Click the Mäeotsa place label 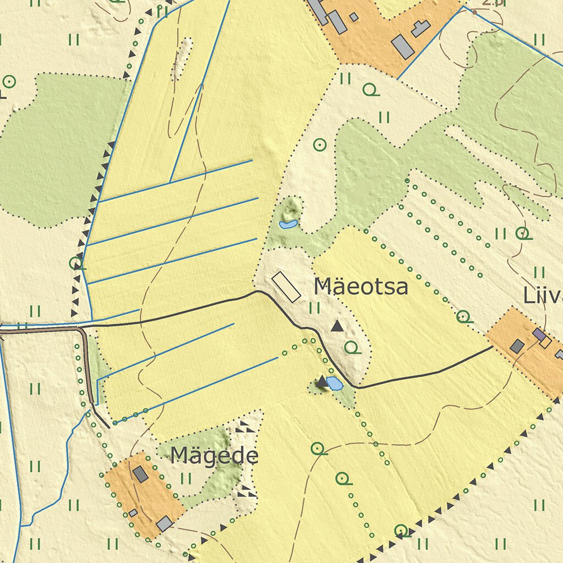click(x=361, y=287)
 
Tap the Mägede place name click(x=214, y=456)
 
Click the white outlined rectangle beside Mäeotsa click(x=286, y=286)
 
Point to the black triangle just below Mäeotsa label click(x=337, y=327)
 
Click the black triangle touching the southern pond click(x=322, y=382)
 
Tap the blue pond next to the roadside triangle click(x=334, y=383)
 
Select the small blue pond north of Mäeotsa click(x=288, y=224)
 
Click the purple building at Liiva click(x=539, y=334)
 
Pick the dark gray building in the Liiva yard click(x=517, y=346)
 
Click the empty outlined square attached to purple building click(x=545, y=342)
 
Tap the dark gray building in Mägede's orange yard click(x=141, y=474)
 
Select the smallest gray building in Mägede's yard click(x=133, y=513)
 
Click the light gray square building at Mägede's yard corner click(x=164, y=523)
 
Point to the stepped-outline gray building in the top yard click(x=421, y=28)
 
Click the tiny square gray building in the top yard click(x=354, y=17)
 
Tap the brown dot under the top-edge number click(x=474, y=12)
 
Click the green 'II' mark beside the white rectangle click(x=314, y=307)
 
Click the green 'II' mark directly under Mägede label click(x=186, y=478)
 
